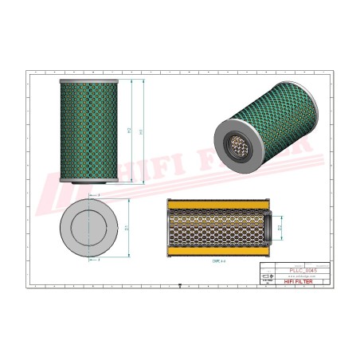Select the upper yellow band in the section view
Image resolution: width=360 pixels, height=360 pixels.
tap(215, 205)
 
